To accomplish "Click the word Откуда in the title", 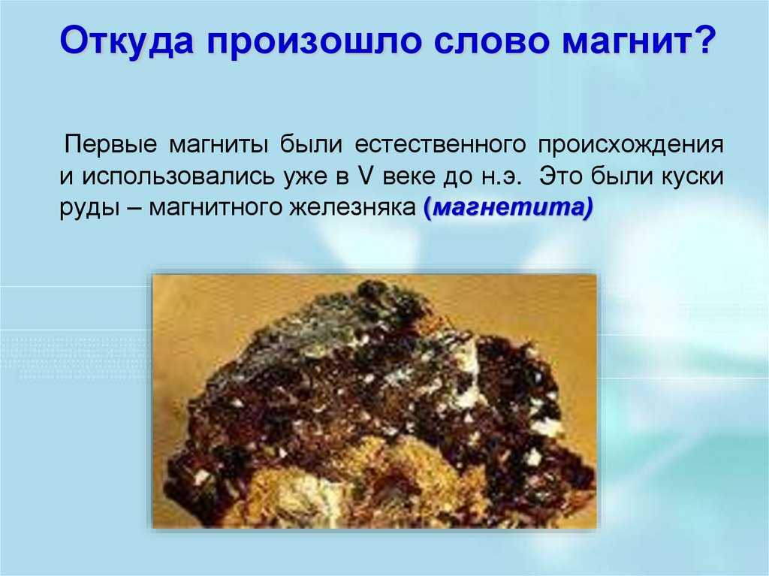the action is (127, 41).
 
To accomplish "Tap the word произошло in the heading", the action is (314, 41).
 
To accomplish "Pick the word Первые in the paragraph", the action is (111, 144).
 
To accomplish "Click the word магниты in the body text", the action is (219, 145).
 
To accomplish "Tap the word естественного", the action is (440, 145).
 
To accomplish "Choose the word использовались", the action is (178, 176).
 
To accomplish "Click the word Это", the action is (562, 176).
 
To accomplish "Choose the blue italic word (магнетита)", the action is (508, 208).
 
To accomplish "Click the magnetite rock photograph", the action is (375, 401).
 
